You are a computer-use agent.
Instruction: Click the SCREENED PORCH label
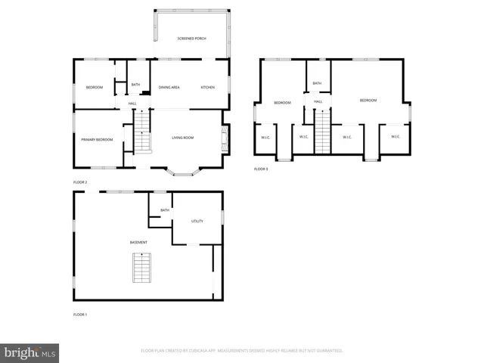coord(191,38)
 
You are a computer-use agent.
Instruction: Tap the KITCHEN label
coord(207,88)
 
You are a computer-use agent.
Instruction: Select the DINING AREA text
coord(169,88)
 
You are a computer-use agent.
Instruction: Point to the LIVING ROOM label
coord(183,138)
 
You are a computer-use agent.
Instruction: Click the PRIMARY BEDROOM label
coord(97,139)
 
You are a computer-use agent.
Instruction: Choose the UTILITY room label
coord(197,221)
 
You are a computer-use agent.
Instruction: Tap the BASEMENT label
coord(138,242)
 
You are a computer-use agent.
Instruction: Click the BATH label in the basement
coord(164,211)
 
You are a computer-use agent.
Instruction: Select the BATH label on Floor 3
coord(317,83)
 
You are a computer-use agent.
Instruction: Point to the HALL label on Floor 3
coord(318,101)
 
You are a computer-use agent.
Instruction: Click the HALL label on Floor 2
coord(132,104)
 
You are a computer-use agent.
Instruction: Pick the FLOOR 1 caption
coord(80,314)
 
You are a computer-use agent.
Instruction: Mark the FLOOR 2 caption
coord(80,182)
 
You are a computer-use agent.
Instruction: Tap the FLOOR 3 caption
coord(261,169)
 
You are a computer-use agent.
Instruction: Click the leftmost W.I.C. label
coord(266,137)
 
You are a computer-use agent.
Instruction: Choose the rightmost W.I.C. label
coord(395,136)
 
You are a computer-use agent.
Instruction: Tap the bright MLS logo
coord(30,352)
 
